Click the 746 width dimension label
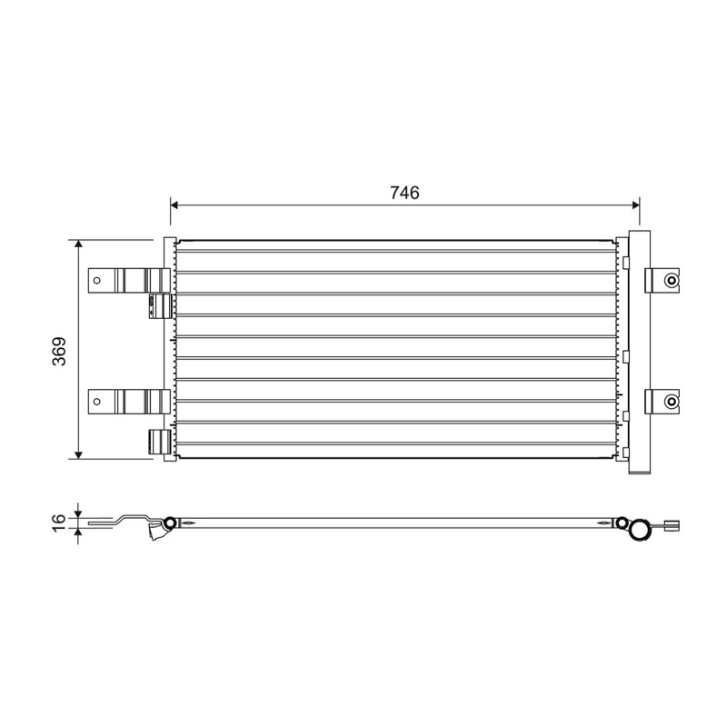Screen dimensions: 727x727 coord(404,193)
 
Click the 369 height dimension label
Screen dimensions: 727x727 coord(59,352)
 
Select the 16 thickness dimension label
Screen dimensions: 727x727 coord(59,523)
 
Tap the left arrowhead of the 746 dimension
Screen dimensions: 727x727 coord(174,205)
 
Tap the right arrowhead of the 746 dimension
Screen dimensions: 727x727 coord(635,205)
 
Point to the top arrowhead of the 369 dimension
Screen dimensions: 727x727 coord(78,244)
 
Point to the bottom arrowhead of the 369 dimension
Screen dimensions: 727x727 coord(78,455)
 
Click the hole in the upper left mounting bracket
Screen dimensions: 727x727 coord(97,280)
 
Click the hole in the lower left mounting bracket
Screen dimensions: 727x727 coord(97,401)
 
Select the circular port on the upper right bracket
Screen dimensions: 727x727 coord(671,280)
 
